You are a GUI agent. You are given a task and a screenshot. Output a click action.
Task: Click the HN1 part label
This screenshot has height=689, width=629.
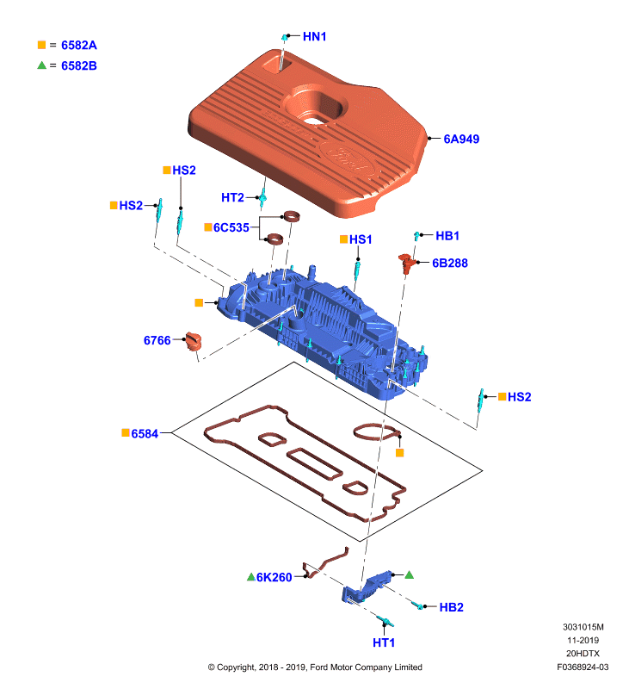point(314,36)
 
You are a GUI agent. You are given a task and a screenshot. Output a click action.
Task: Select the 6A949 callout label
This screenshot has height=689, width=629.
point(461,139)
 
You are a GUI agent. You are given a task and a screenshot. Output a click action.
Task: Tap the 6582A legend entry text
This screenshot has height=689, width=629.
point(79,45)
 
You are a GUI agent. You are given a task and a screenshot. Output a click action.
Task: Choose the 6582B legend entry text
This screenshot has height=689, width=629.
point(79,65)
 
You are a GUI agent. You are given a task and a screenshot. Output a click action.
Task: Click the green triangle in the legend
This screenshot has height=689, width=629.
point(41,65)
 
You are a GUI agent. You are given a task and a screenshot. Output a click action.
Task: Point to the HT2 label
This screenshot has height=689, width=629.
point(232,197)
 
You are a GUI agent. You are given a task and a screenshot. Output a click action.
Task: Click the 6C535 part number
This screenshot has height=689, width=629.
point(231,227)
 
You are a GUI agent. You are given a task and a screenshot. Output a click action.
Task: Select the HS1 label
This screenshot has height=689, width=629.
point(361,239)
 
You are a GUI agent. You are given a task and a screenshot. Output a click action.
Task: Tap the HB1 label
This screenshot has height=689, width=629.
point(447,236)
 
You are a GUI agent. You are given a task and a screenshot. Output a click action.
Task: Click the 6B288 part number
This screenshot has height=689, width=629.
point(450,263)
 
